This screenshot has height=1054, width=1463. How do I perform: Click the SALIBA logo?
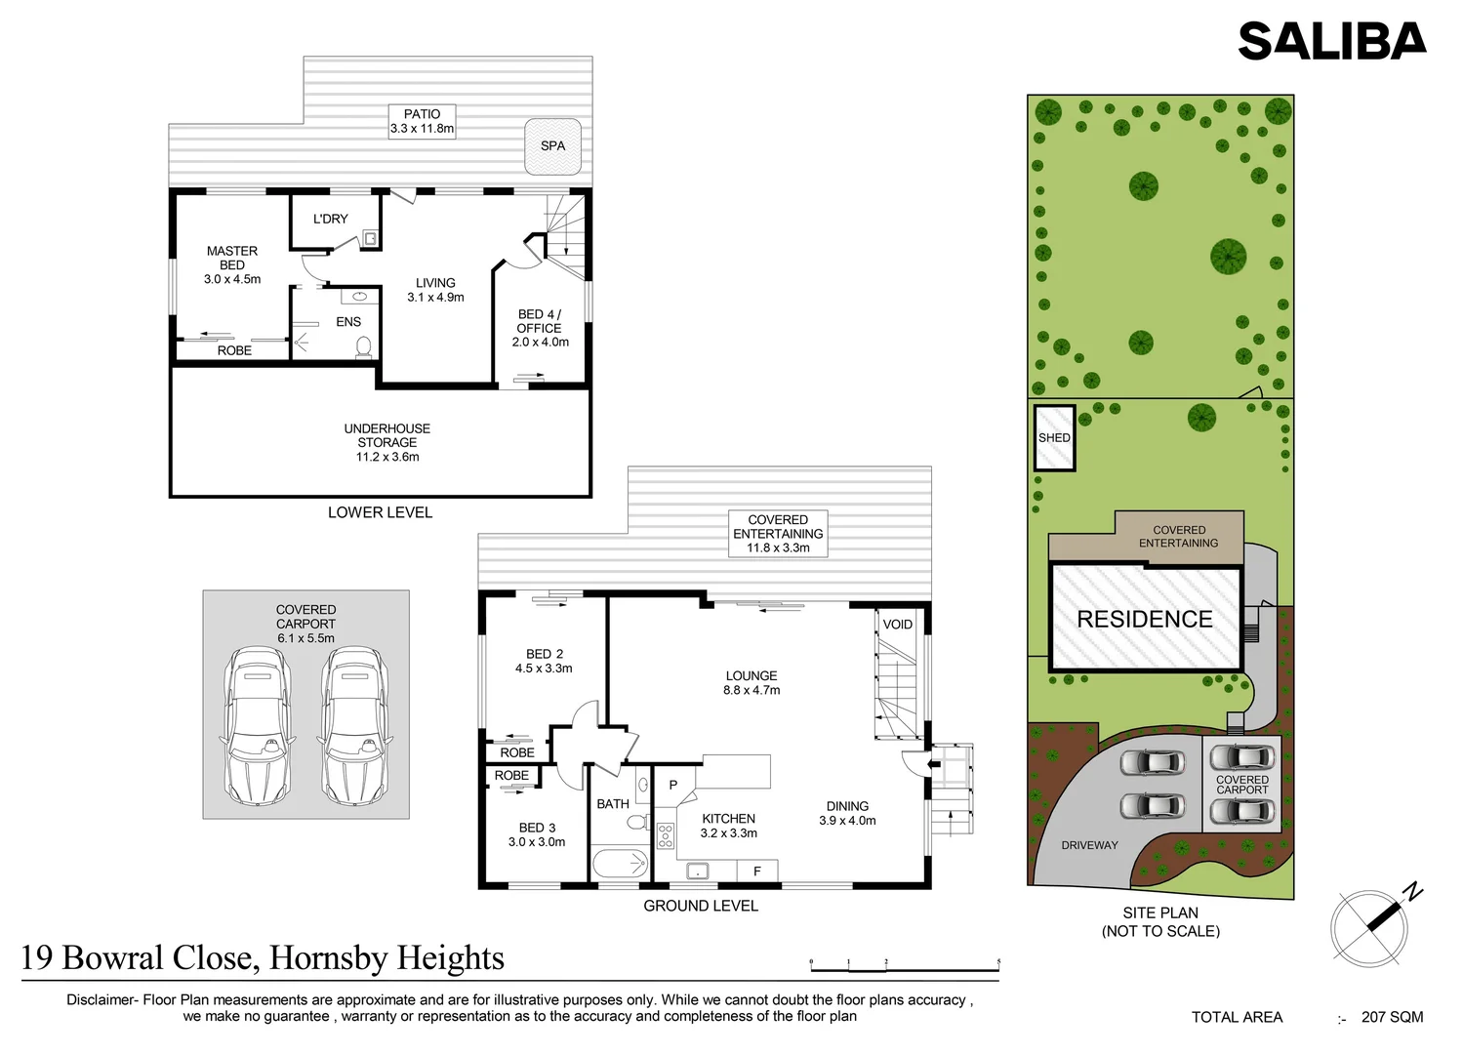1331,41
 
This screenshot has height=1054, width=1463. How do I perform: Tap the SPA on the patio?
552,146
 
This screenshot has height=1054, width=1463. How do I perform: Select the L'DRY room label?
330,220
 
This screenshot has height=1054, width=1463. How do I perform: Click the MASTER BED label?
232,264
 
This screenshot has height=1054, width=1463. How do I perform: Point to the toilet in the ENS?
364,345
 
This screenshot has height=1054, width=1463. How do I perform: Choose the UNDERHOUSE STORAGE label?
387,442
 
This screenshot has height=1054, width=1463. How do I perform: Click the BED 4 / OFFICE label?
540,328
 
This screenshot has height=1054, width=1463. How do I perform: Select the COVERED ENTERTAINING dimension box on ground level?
778,534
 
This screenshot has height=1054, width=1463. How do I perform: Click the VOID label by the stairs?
897,625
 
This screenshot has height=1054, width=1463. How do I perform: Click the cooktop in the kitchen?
666,835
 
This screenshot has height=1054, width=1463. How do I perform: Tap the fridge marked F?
756,872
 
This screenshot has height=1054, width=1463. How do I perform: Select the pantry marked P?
673,785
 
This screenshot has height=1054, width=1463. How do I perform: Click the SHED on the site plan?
1054,438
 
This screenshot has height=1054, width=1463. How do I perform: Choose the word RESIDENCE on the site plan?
1145,619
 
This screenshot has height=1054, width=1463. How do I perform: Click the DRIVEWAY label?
1089,845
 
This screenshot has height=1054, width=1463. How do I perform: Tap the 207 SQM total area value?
1392,1017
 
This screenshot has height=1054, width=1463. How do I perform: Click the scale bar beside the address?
904,969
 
